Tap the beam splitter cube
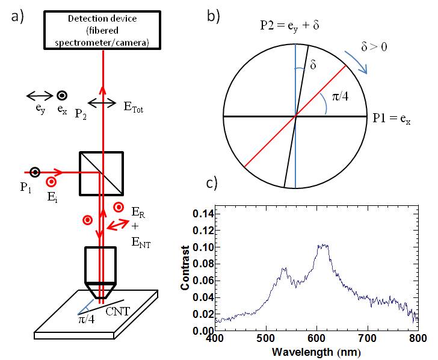click(x=101, y=172)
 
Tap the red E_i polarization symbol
click(x=52, y=181)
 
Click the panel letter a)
click(x=16, y=16)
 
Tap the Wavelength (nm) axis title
click(x=316, y=351)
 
